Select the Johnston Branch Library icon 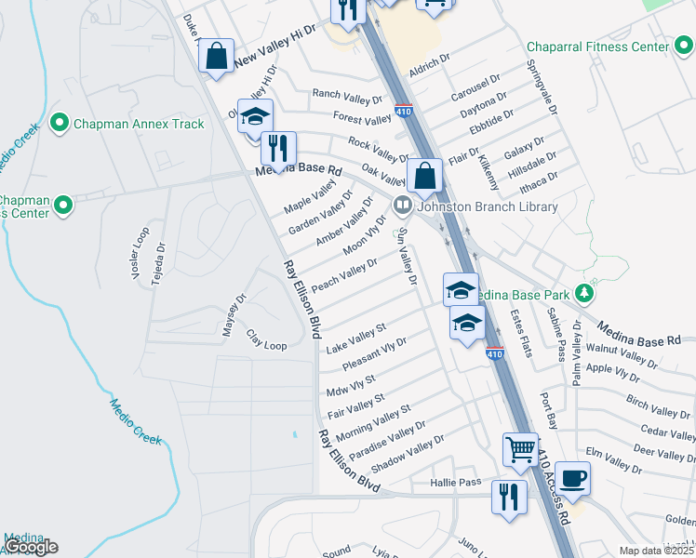click(x=403, y=206)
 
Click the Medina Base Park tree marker click(x=584, y=294)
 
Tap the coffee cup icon click(x=573, y=479)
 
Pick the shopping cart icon click(x=520, y=449)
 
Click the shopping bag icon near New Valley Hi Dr click(x=216, y=56)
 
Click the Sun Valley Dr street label click(x=407, y=259)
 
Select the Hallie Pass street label click(x=456, y=483)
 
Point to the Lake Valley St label click(x=356, y=338)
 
